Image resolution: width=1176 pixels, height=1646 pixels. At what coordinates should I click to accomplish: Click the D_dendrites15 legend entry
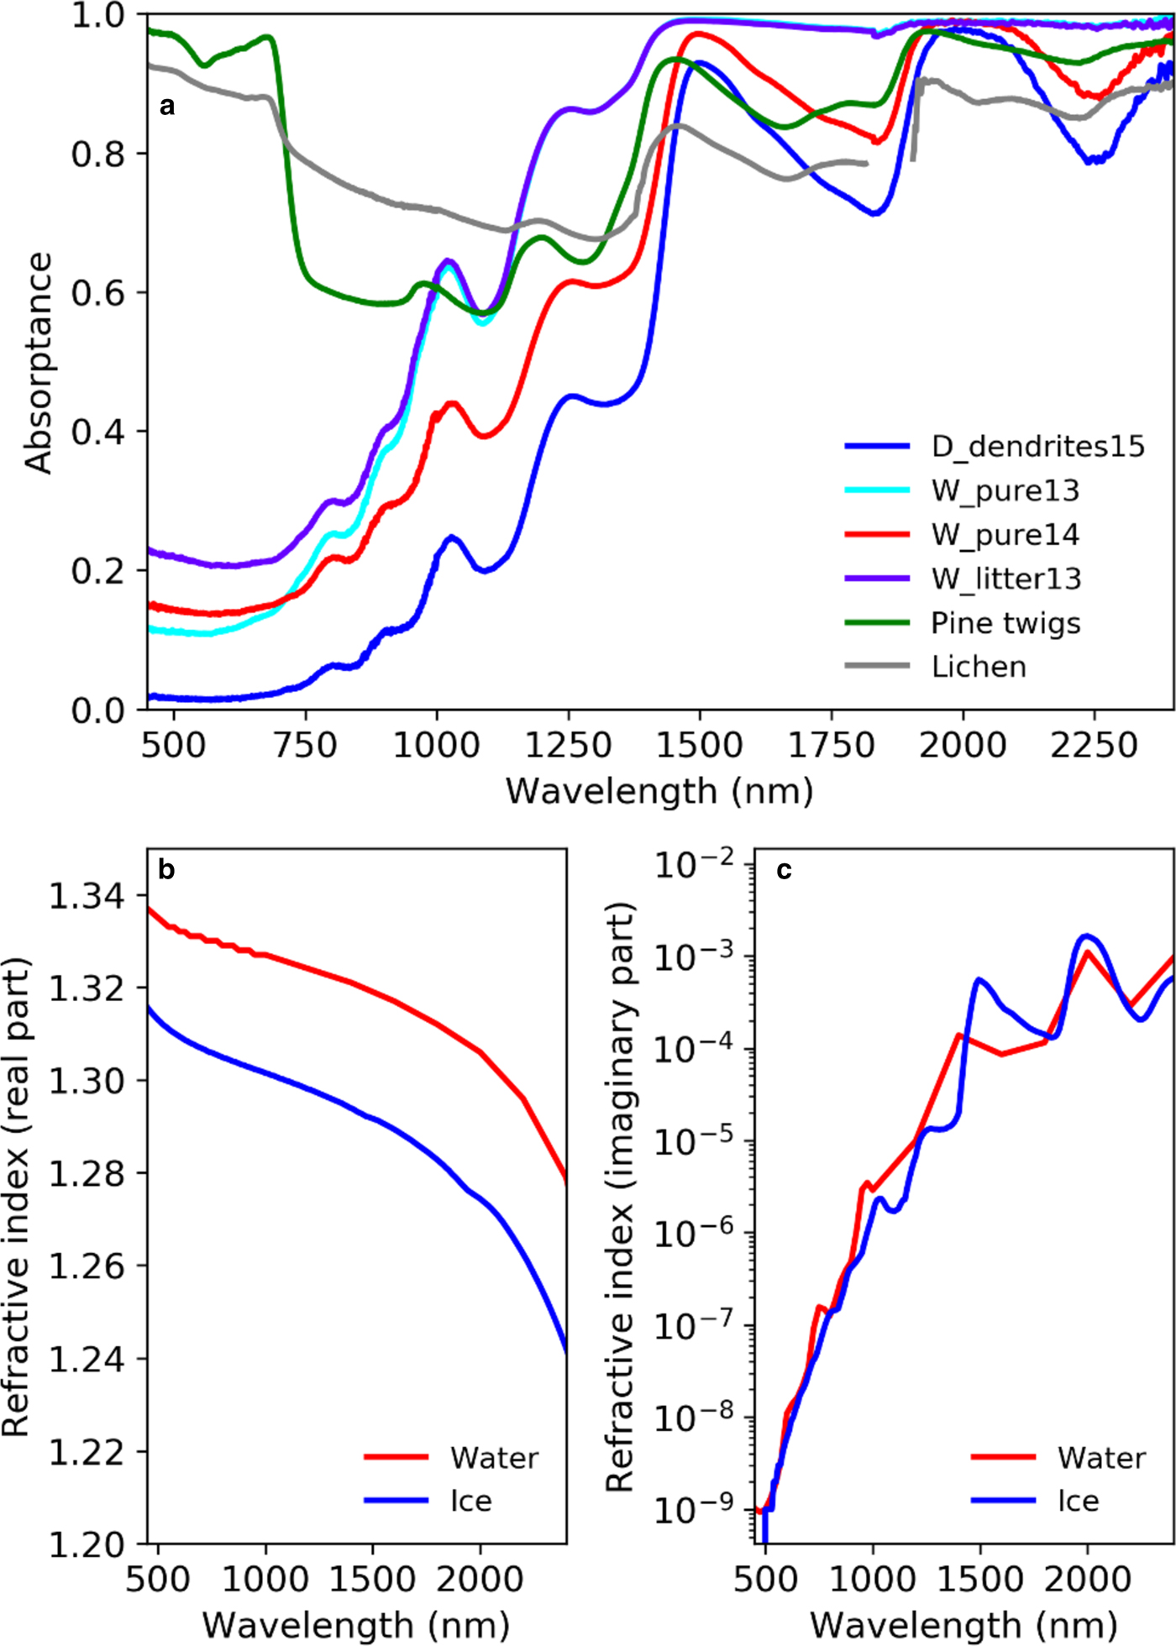coord(1037,446)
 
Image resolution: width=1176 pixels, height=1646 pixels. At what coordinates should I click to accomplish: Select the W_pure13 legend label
coord(1005,490)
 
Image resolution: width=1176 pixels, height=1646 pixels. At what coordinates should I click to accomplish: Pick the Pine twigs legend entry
coord(1005,623)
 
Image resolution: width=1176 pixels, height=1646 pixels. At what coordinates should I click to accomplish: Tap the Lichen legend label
coord(979,667)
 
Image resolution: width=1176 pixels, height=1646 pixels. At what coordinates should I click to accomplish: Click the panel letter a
coord(167,106)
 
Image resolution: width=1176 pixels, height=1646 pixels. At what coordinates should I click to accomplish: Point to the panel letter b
coord(166,870)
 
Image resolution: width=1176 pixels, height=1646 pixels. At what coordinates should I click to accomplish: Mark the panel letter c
coord(784,871)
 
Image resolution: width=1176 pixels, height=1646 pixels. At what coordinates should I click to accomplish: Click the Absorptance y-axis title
coord(39,363)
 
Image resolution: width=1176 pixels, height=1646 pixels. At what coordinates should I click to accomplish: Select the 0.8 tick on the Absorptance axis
coord(97,155)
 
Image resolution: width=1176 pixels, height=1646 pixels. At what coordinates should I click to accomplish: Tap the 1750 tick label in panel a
coord(831,746)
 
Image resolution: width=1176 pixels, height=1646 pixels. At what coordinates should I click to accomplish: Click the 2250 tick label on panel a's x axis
coord(1094,746)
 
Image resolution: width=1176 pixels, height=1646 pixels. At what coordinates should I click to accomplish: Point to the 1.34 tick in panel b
coord(87,897)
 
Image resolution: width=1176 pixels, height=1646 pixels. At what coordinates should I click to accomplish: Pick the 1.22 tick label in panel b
coord(87,1453)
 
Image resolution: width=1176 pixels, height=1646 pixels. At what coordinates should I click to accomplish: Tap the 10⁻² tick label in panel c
coord(694,864)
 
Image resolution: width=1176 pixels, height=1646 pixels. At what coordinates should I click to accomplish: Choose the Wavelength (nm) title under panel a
coord(659,791)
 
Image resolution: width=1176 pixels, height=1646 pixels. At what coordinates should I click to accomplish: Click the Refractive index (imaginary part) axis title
coord(620,1198)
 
